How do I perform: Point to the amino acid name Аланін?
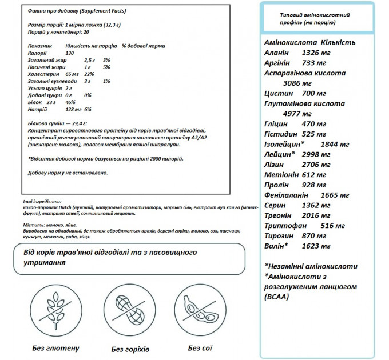coord(277,53)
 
